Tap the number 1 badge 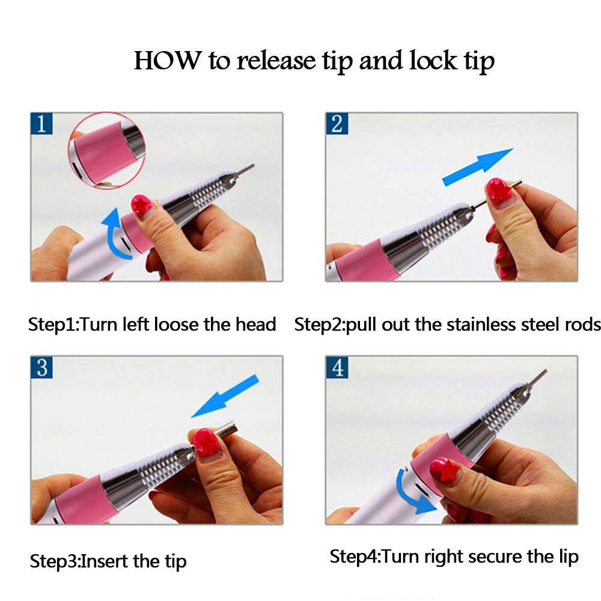click(41, 125)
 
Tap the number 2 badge click(337, 124)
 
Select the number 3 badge click(41, 368)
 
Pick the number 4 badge click(337, 368)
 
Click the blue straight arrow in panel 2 click(477, 166)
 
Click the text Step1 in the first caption click(53, 325)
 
